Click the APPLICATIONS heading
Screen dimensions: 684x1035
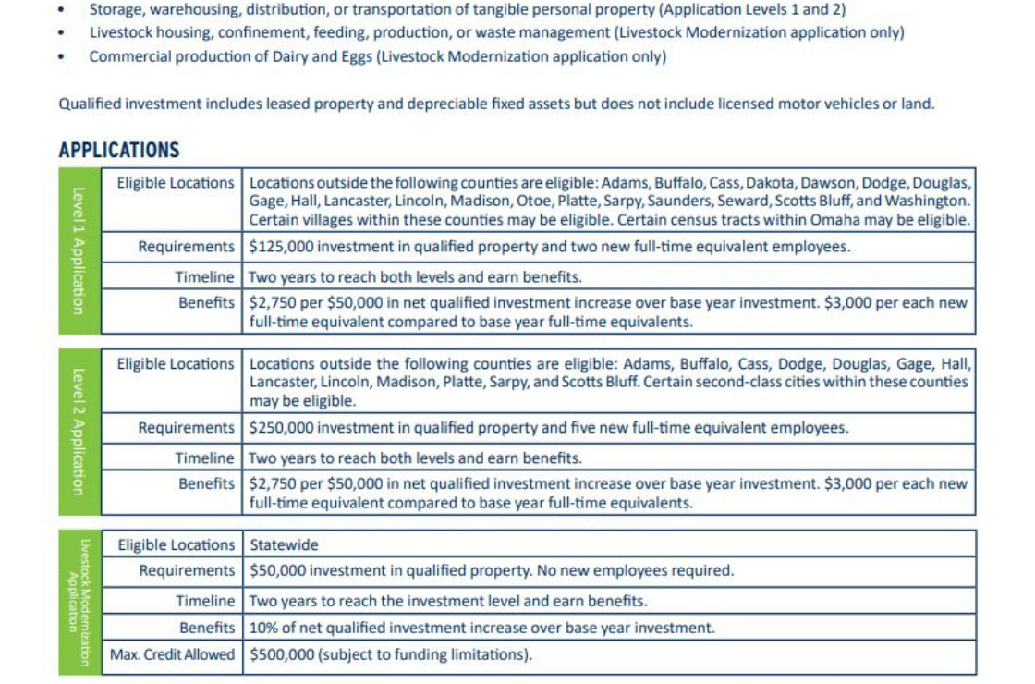point(119,150)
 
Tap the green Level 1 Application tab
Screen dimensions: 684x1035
point(79,250)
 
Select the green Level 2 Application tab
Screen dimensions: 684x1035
point(79,432)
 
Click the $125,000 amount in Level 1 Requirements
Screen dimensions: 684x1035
point(278,247)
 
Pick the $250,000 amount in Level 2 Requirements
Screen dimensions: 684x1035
point(278,428)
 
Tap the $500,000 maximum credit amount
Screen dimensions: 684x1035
point(278,655)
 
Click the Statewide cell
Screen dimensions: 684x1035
point(284,545)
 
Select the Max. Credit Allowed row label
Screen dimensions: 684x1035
point(173,655)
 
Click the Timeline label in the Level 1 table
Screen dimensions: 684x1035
point(205,277)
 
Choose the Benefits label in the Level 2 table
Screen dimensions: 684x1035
point(207,483)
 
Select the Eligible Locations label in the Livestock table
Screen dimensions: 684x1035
point(176,545)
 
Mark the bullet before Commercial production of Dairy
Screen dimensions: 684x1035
point(61,56)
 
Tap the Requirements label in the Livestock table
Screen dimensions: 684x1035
point(187,571)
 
